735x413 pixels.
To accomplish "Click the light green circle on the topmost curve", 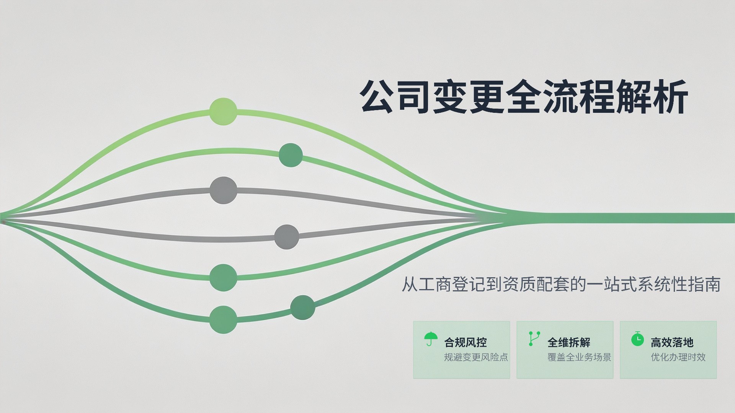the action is pos(223,111).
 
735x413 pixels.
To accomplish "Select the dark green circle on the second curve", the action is pos(291,155).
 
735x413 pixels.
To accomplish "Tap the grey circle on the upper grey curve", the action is pos(224,190).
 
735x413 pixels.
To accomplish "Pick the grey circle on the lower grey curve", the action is pos(286,237).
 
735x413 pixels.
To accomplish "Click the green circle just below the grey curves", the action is pos(224,278).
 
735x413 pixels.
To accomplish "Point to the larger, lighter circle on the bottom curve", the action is pos(223,319).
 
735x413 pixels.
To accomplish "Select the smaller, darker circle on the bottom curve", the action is pos(302,307).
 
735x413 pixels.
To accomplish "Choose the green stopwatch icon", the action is pos(637,339).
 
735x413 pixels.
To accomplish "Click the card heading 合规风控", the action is pos(465,342).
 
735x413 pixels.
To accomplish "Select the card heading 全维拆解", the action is pos(569,342).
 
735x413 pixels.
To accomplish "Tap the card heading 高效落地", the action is pos(672,342).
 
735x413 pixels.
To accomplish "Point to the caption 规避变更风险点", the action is pos(476,357).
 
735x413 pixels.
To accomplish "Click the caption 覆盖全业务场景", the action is pos(579,357).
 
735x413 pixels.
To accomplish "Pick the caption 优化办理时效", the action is pos(678,357).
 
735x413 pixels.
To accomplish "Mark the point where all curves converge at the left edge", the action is pos(2,221).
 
